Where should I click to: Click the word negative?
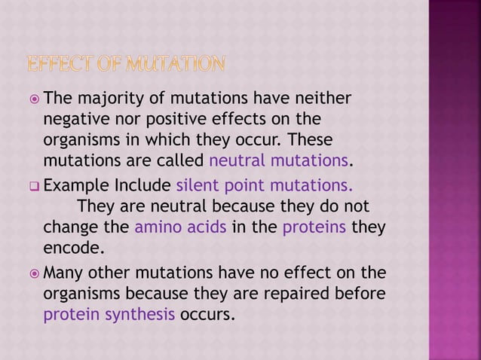(x=75, y=120)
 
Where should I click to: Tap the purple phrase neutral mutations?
(x=279, y=161)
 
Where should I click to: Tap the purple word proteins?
(x=314, y=227)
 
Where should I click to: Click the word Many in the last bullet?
(x=66, y=273)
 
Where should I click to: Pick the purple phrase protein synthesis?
(x=108, y=314)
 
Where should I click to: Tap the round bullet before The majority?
(x=34, y=99)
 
